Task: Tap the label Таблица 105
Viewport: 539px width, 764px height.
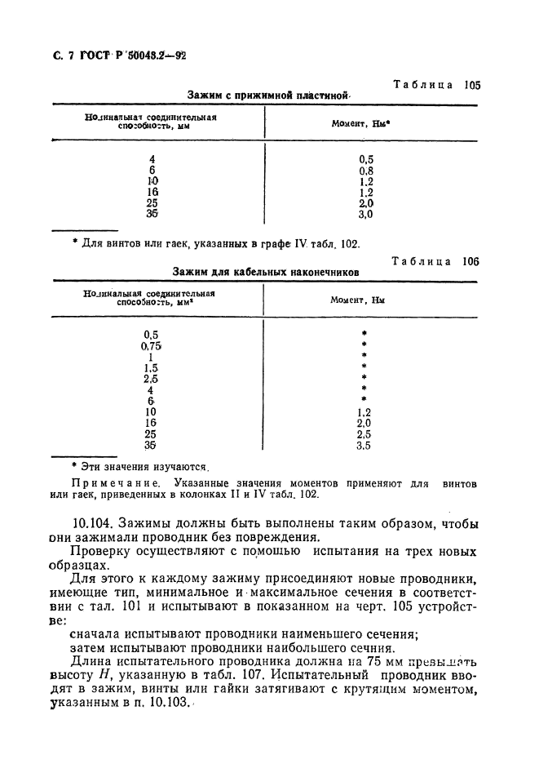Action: (437, 85)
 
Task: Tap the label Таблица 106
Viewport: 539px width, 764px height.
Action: (436, 261)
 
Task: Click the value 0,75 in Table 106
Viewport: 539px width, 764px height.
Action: (152, 345)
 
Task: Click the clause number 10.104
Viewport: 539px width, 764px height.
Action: (95, 524)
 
